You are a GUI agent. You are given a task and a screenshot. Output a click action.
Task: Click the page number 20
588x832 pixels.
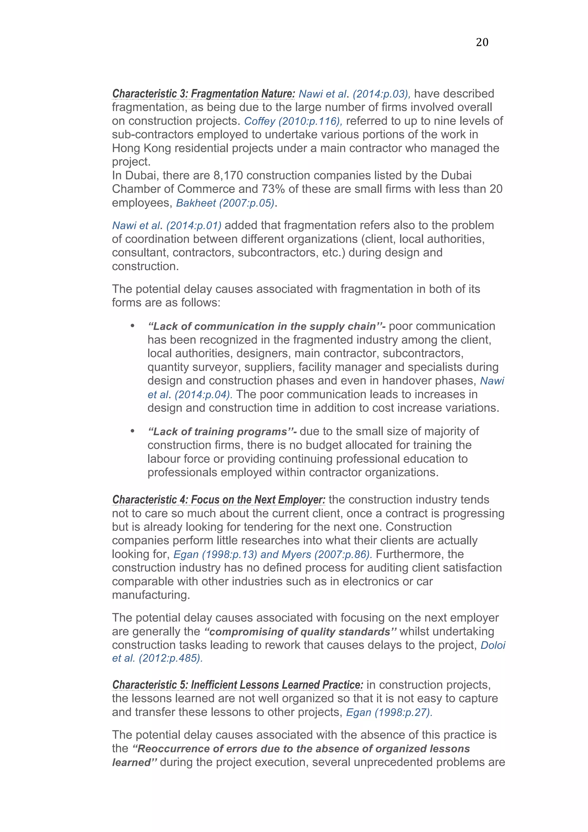click(x=481, y=42)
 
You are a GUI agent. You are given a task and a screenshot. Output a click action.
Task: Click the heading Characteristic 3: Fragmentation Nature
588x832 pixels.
click(x=203, y=94)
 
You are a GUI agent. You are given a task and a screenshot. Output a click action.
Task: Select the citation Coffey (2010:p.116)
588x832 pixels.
click(x=293, y=121)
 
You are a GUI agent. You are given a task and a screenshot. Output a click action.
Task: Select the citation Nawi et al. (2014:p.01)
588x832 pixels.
click(x=166, y=225)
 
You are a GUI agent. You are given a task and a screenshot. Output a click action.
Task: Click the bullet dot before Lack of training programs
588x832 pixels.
click(x=133, y=431)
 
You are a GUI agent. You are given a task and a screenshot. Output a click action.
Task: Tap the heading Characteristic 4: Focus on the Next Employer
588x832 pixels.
click(x=218, y=500)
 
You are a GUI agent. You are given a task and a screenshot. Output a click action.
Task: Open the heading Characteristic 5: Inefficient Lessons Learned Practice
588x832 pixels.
click(x=237, y=685)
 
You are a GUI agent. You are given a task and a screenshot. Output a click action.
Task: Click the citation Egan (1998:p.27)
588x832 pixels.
click(x=389, y=712)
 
